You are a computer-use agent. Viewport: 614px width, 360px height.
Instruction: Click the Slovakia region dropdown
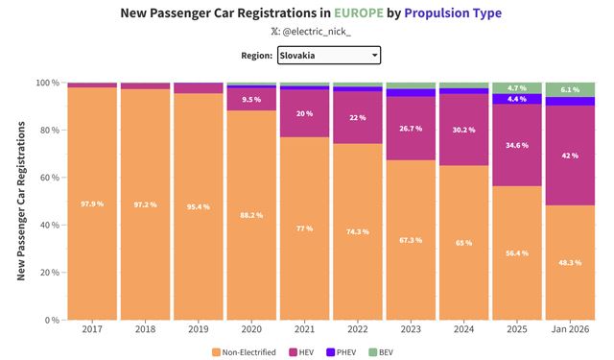(329, 56)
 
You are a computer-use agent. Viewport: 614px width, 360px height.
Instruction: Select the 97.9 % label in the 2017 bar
(93, 204)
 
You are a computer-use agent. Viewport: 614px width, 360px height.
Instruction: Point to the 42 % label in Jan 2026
(570, 155)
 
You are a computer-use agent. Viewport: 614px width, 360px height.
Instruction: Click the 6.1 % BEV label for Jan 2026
(570, 89)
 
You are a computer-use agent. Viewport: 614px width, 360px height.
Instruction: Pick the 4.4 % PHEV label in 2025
(517, 99)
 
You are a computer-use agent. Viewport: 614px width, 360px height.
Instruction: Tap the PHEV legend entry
(366, 351)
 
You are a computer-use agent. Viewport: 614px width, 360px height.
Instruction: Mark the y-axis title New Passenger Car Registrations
(21, 202)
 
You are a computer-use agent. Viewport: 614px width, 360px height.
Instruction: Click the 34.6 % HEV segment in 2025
(517, 144)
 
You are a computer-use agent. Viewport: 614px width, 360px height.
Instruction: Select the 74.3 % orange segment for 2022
(358, 231)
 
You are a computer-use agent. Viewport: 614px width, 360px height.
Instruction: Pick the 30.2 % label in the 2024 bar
(464, 130)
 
